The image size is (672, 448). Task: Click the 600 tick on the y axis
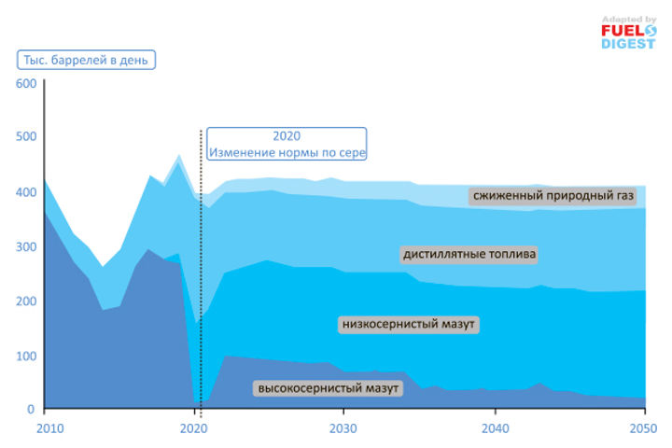(x=26, y=84)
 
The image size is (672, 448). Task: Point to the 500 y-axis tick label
(x=26, y=138)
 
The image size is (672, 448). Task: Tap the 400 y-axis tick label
(x=26, y=192)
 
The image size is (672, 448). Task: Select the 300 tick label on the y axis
(x=26, y=246)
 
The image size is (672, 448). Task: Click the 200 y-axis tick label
(x=26, y=301)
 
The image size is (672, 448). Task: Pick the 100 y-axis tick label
(x=26, y=355)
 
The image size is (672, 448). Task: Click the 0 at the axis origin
(x=31, y=409)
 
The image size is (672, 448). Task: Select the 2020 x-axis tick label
(x=192, y=428)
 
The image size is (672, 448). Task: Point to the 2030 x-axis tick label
(x=343, y=428)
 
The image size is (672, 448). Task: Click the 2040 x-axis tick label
(x=495, y=428)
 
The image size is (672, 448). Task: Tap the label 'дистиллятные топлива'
(x=470, y=254)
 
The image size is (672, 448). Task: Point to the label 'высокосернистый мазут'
(x=328, y=387)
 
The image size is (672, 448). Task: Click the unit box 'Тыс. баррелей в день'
(x=86, y=60)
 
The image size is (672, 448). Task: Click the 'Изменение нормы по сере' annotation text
(x=287, y=152)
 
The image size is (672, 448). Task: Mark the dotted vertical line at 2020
(x=201, y=280)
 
